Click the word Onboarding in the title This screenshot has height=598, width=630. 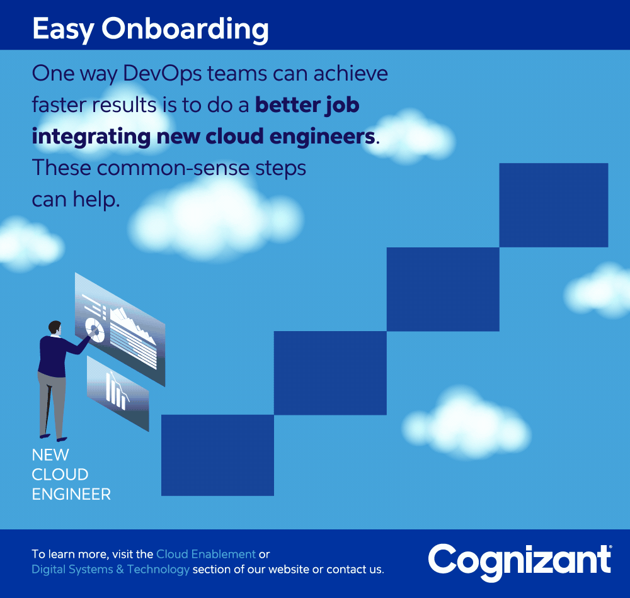[x=185, y=30]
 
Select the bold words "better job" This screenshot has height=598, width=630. [x=307, y=106]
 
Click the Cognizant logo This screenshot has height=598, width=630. [x=520, y=561]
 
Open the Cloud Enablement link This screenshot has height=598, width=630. [x=206, y=555]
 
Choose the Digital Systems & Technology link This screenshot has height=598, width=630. [x=110, y=570]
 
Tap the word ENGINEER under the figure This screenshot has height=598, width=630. [x=71, y=495]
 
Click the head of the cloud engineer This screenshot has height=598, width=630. [x=55, y=328]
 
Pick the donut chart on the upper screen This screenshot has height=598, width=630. [x=95, y=330]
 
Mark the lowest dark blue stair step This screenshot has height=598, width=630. [x=217, y=456]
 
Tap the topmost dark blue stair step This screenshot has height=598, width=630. [x=554, y=205]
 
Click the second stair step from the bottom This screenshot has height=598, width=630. [x=330, y=373]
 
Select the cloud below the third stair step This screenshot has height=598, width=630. [x=466, y=424]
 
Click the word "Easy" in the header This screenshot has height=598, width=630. [x=63, y=30]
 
